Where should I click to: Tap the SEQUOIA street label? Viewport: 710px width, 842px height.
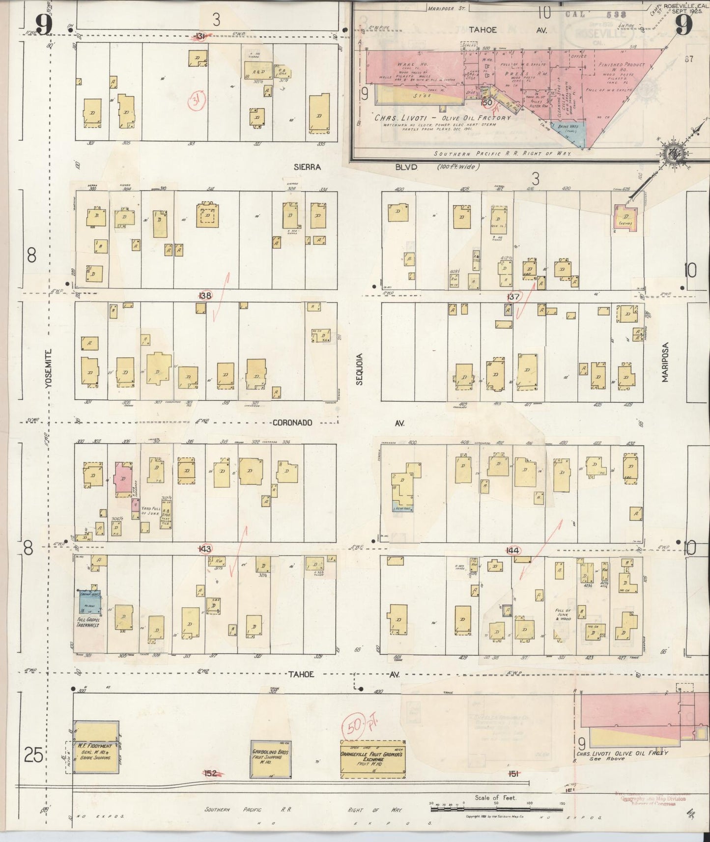click(359, 368)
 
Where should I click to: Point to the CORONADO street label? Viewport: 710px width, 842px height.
click(292, 422)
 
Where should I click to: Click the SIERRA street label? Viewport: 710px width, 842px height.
click(307, 167)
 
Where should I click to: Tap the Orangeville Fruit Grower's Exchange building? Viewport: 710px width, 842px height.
click(373, 757)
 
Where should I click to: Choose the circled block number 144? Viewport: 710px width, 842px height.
click(512, 551)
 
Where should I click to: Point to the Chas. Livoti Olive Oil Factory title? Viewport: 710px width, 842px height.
click(442, 118)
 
